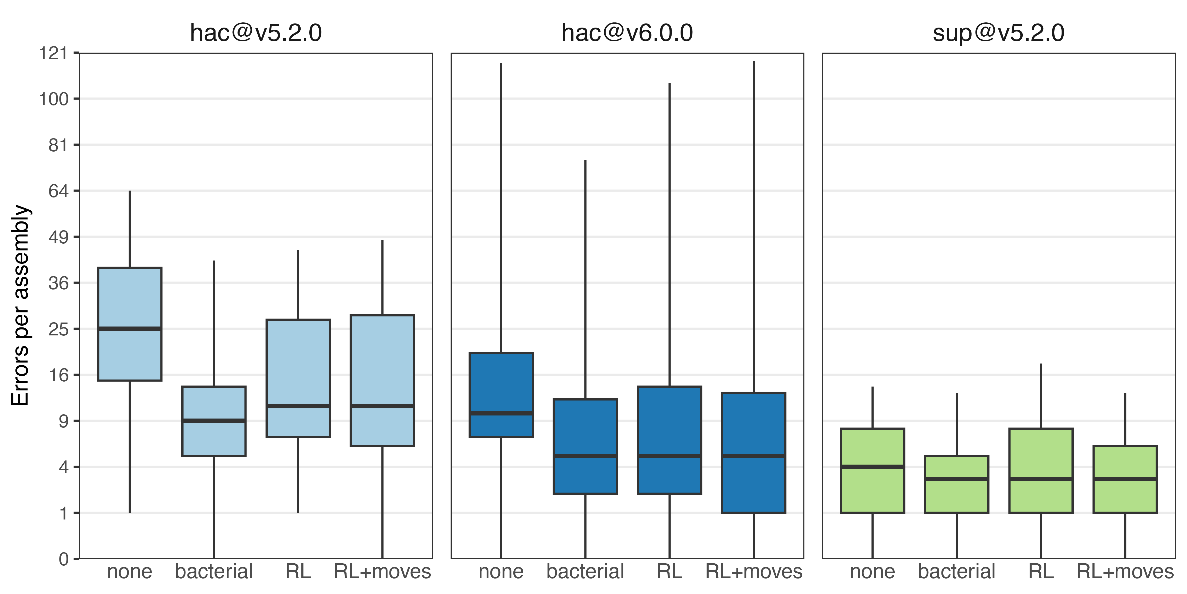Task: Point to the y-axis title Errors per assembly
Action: (x=21, y=305)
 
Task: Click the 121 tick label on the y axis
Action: (x=54, y=54)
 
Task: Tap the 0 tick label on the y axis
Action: (x=64, y=559)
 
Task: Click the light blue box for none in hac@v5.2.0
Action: (x=130, y=324)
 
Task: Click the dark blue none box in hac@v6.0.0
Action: (x=501, y=395)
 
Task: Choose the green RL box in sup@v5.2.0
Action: (x=1041, y=471)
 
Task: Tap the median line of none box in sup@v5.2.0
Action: (x=873, y=467)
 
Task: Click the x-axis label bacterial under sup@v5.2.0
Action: (x=957, y=572)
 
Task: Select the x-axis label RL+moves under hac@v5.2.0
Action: (x=383, y=572)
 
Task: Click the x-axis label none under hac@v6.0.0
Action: (x=501, y=572)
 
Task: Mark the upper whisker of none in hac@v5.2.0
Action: (x=130, y=229)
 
